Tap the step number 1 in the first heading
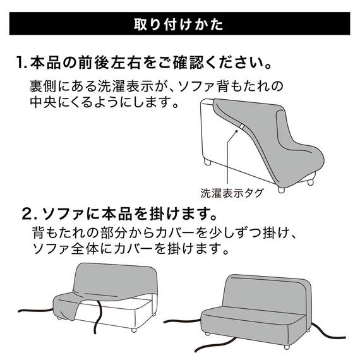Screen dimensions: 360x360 [21, 64]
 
